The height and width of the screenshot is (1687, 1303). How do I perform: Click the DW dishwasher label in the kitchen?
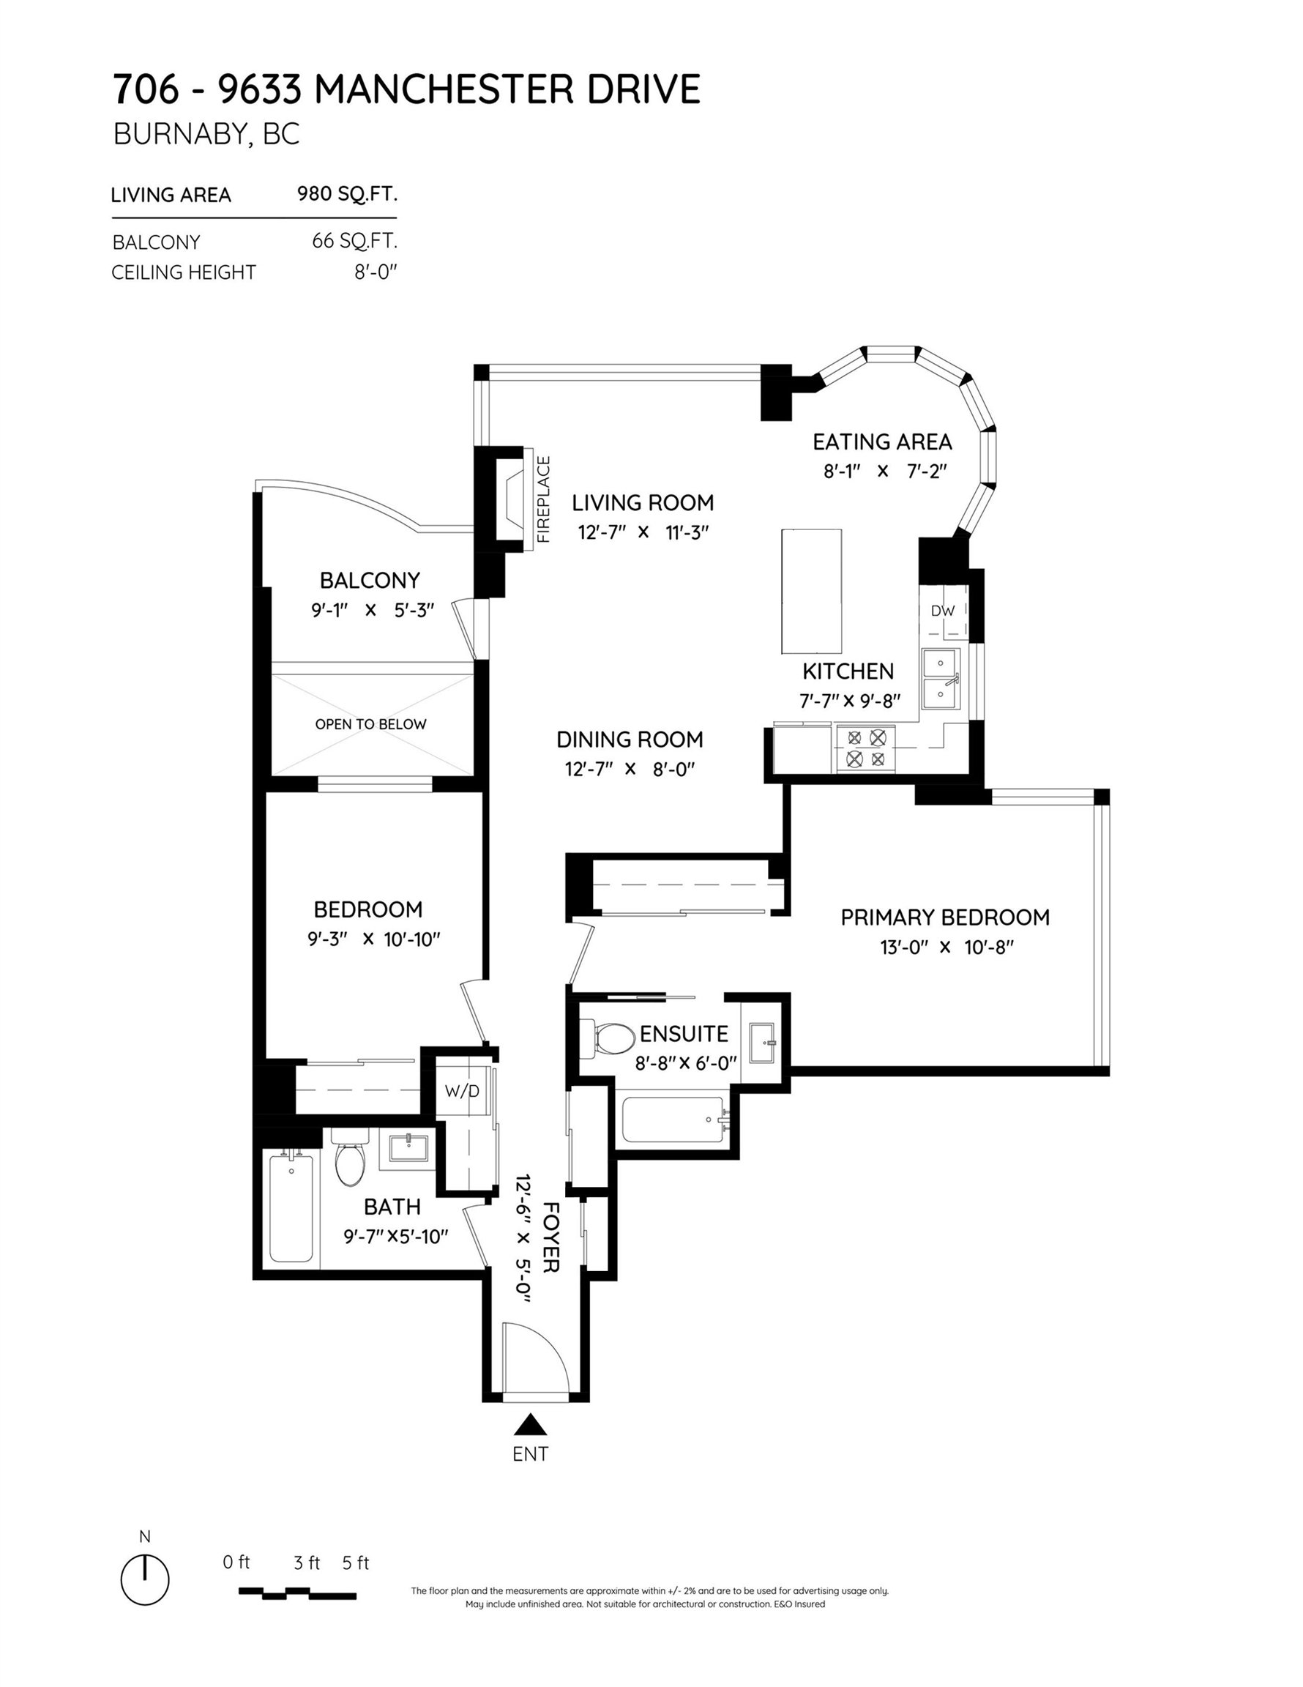coord(942,610)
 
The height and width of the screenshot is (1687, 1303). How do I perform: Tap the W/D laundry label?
coord(462,1091)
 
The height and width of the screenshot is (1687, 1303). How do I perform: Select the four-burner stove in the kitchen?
coord(866,748)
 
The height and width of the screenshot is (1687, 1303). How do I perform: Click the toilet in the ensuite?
coord(608,1040)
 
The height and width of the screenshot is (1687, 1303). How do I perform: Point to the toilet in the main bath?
coord(350,1156)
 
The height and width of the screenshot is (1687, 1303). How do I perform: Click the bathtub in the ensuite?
coord(673,1120)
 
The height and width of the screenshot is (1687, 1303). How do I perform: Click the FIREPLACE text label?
coord(544,499)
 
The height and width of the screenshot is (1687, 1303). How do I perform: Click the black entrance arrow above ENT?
coord(530,1424)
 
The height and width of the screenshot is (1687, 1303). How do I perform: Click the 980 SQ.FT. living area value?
coord(348,193)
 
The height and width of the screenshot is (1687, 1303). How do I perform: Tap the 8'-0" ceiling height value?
coord(376,272)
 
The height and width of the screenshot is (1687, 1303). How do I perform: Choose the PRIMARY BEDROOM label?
coord(945,917)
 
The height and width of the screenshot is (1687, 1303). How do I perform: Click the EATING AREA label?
coord(882,442)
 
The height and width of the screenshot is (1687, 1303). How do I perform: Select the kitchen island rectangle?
coord(811,591)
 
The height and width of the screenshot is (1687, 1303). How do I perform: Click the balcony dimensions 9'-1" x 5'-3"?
coord(373,610)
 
